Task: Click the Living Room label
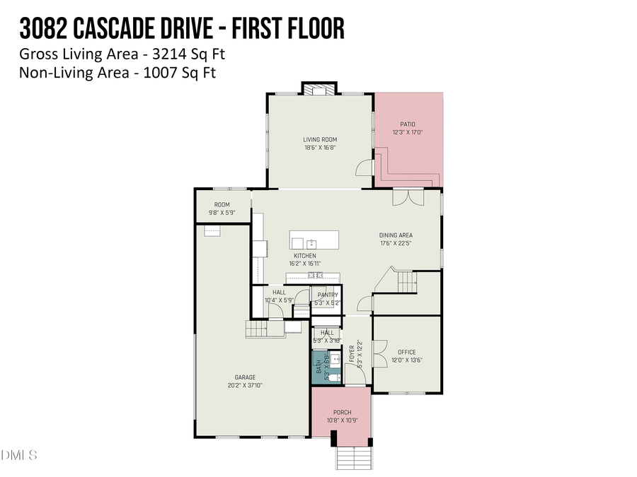320,140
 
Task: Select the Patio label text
408,124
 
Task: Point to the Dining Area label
396,235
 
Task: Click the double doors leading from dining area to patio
407,196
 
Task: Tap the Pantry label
328,295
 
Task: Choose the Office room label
406,352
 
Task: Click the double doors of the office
378,352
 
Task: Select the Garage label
245,377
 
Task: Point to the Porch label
342,413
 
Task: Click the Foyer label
352,353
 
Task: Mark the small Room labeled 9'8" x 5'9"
222,205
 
